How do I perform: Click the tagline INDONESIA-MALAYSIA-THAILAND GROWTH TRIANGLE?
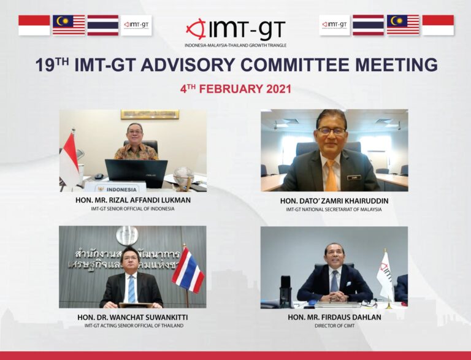tap(235, 45)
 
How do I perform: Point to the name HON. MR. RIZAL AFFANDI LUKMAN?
tap(132, 200)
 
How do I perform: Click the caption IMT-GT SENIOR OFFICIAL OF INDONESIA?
tap(132, 209)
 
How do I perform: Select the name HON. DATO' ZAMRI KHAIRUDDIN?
tap(334, 200)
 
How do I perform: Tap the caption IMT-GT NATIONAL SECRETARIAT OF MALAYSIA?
tap(334, 210)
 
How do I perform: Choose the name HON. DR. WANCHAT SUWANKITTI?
tap(132, 317)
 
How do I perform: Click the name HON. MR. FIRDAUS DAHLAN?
tap(334, 317)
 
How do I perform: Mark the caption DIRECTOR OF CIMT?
tap(334, 326)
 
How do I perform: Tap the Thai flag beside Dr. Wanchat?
tap(188, 270)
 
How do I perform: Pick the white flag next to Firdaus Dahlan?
tap(385, 275)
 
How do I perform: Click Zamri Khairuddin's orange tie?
tap(331, 175)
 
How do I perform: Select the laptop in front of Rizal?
tap(136, 172)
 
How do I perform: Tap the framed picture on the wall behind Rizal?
tap(150, 115)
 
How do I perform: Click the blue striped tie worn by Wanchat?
tap(131, 288)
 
